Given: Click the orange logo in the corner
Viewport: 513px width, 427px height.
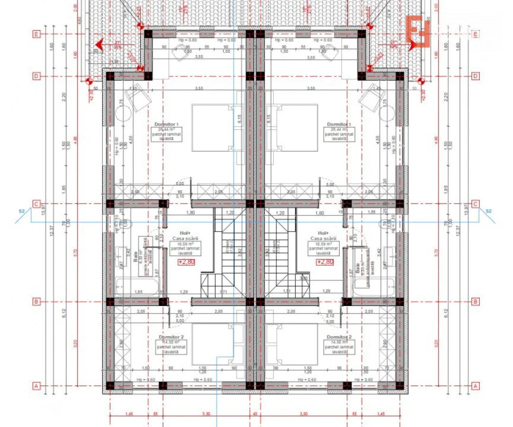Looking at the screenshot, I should (x=418, y=31).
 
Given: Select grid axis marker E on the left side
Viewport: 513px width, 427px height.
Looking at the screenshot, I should (x=36, y=34).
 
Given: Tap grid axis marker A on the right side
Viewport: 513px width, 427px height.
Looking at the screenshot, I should (x=475, y=386).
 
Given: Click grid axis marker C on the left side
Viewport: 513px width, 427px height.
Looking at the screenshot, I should (x=36, y=204).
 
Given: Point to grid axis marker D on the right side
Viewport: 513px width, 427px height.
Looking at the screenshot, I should (x=475, y=76).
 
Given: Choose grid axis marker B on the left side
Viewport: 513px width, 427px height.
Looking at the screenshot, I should (x=36, y=301).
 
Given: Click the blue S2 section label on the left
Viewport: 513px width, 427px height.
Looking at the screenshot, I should (x=21, y=210).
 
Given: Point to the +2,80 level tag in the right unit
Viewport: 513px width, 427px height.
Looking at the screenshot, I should (x=325, y=262).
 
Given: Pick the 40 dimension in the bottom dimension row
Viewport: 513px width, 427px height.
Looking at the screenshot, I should (x=255, y=414).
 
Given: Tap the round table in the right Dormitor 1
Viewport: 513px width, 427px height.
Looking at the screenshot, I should (x=386, y=114).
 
